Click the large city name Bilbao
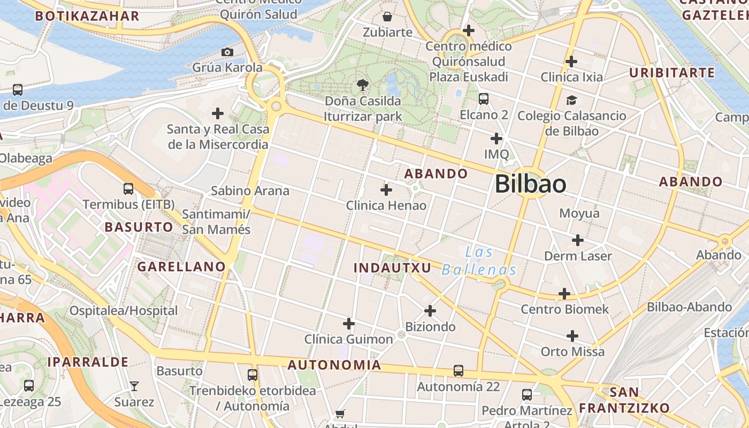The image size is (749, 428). (530, 184)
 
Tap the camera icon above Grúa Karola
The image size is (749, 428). (227, 52)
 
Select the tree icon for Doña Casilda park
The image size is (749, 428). (363, 85)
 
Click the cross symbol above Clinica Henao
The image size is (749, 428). (386, 190)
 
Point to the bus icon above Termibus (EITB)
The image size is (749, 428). (128, 188)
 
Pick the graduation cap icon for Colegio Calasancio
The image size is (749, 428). (571, 100)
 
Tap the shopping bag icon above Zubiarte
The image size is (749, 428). (387, 17)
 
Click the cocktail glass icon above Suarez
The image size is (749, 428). (134, 386)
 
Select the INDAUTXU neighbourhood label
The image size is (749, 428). (393, 268)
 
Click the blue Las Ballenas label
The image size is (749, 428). (479, 261)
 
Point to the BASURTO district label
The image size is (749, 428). (139, 227)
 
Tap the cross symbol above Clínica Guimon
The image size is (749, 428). (349, 324)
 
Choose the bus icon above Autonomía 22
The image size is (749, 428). (458, 370)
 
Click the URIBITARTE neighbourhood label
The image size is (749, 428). (671, 73)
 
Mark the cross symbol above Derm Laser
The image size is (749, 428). (577, 240)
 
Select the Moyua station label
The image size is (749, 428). (579, 213)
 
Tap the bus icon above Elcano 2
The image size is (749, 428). (484, 99)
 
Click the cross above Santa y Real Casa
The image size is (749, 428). (218, 113)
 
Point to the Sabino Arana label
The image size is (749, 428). (250, 190)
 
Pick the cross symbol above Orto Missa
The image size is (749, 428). (572, 336)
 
